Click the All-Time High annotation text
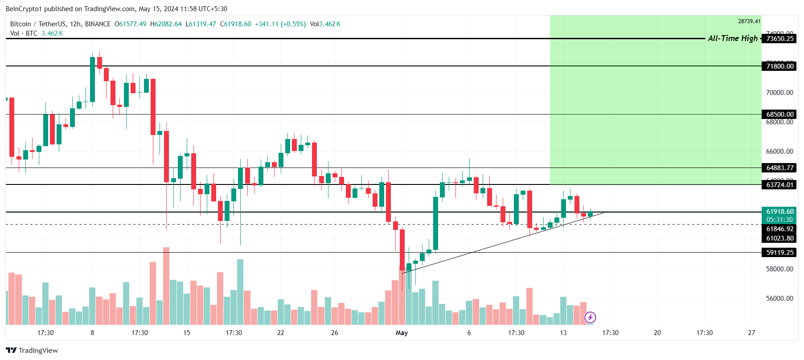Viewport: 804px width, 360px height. (732, 38)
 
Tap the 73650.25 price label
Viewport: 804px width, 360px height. (779, 39)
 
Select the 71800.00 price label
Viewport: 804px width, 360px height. (779, 66)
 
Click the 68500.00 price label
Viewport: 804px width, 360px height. (779, 115)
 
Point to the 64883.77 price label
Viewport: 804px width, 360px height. (779, 168)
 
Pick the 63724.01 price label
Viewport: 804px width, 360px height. (779, 185)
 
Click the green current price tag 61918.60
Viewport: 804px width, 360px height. (779, 212)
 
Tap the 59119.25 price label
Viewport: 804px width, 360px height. (779, 253)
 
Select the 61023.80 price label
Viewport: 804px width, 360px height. (779, 238)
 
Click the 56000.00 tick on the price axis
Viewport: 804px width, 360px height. (779, 299)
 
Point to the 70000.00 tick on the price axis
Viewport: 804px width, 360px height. (779, 93)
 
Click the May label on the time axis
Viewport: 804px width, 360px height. (402, 333)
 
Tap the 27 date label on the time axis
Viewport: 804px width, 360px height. (751, 333)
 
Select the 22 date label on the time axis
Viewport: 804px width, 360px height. (280, 333)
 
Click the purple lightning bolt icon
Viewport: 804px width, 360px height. (590, 317)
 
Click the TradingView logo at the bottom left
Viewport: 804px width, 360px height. (32, 351)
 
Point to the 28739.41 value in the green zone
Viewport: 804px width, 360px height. (749, 21)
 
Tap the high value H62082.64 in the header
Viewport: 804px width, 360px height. (166, 24)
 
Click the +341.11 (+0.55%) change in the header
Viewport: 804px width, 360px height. (280, 24)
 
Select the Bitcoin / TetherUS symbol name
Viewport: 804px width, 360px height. (38, 24)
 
